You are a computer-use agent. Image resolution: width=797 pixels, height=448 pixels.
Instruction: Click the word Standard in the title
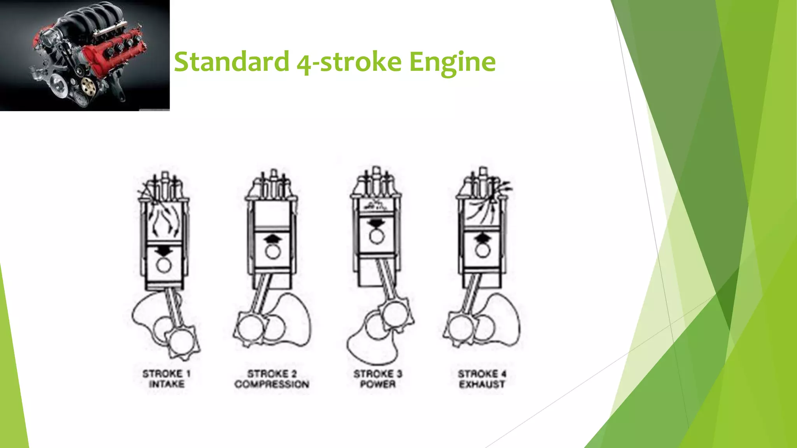(x=232, y=61)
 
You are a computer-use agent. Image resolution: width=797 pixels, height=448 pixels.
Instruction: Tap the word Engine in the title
(x=452, y=61)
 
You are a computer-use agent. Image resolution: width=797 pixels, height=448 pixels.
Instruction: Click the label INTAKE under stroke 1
(x=167, y=384)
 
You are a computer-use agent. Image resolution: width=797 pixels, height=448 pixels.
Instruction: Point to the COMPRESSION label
(x=272, y=384)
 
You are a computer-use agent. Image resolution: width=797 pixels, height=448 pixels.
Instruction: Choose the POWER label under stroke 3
(x=377, y=384)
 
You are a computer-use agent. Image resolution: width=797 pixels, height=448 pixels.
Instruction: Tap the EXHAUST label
(x=482, y=384)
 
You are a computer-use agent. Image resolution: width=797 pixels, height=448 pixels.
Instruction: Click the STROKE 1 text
(x=166, y=374)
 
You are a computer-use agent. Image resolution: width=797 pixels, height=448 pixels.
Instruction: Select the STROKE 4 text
(x=482, y=374)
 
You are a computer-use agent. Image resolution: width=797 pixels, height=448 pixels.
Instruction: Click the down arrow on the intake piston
(x=164, y=252)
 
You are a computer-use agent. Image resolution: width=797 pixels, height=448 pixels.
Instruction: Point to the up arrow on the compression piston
(x=273, y=238)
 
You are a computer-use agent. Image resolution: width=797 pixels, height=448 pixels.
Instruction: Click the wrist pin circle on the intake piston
(x=164, y=266)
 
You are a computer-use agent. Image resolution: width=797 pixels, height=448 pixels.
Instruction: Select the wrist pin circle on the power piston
(x=376, y=236)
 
